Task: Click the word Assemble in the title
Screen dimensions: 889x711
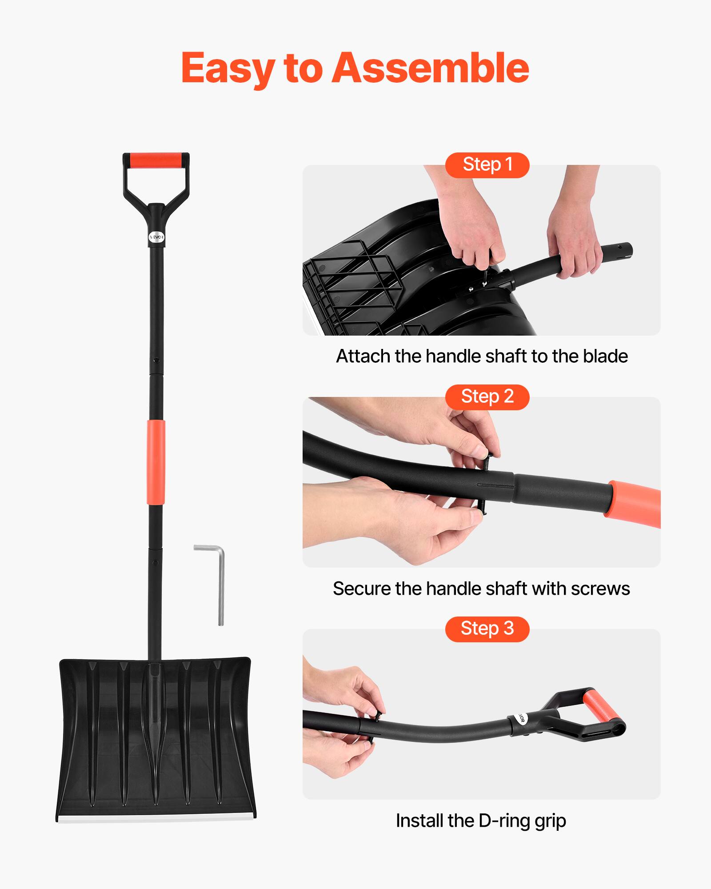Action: tap(430, 68)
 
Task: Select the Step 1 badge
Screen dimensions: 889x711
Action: tap(487, 165)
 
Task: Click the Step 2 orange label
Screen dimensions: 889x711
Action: tap(487, 396)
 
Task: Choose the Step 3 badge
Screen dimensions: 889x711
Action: tap(487, 629)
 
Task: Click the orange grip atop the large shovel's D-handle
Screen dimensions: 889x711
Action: tap(156, 160)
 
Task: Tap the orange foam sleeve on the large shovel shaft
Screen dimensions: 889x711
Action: tap(156, 462)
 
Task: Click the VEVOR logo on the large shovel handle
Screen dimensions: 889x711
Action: tap(156, 237)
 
